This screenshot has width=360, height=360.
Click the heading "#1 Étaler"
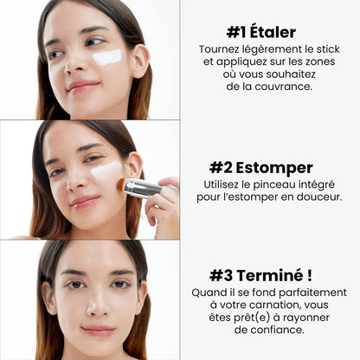coord(273,32)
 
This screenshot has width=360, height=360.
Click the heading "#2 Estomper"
coord(273,167)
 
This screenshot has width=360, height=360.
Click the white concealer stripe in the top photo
coord(107,57)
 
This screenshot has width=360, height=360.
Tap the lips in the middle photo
coord(85,201)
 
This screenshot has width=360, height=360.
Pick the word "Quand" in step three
coord(209,292)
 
